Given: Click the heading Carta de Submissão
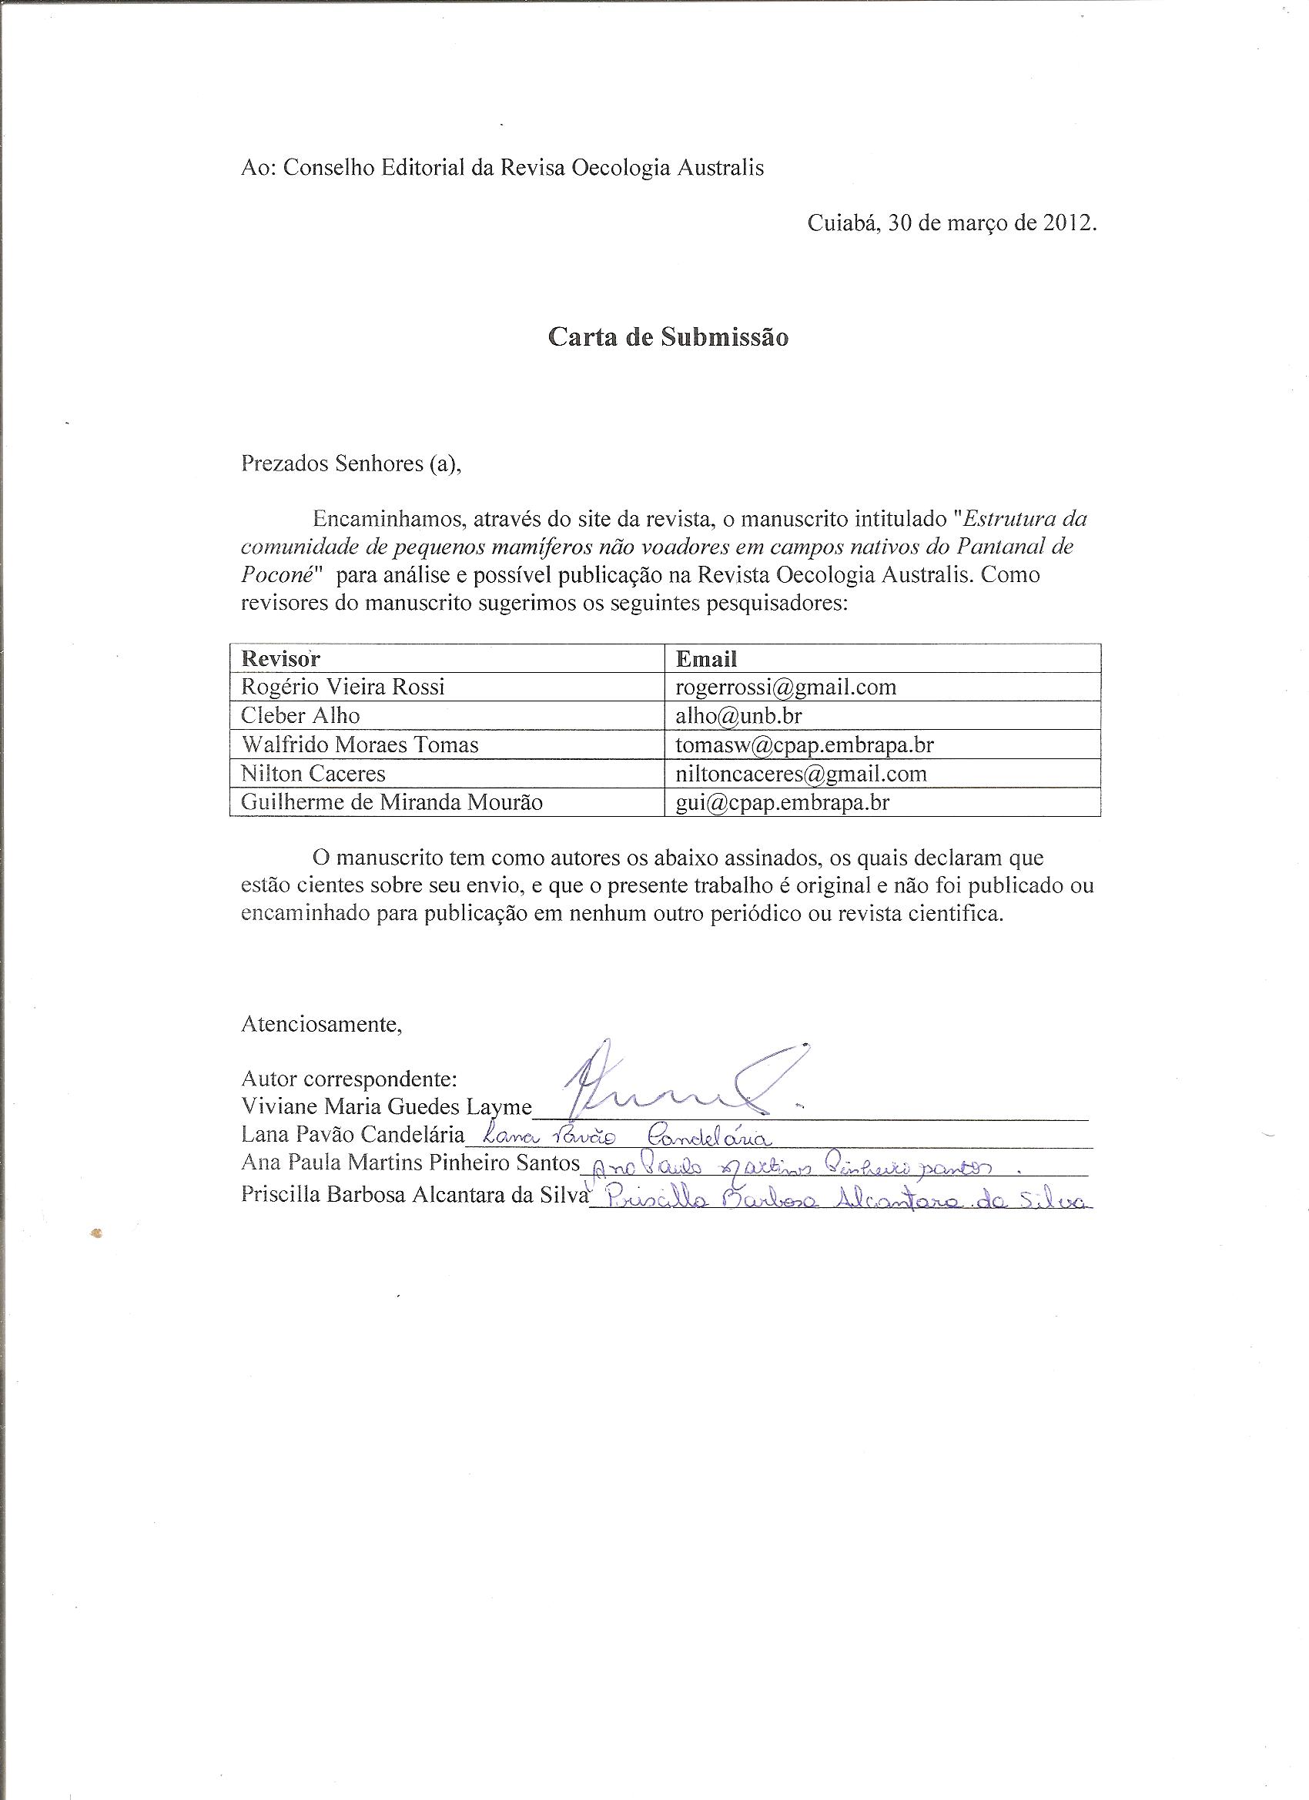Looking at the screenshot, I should click(x=668, y=337).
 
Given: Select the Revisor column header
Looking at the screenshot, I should click(x=281, y=659).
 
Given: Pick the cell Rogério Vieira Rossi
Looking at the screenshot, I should click(x=343, y=687).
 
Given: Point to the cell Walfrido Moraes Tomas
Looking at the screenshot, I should click(x=360, y=744).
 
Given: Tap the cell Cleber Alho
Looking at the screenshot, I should click(x=300, y=716).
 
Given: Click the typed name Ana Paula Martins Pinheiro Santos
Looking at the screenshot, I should click(x=411, y=1163).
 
